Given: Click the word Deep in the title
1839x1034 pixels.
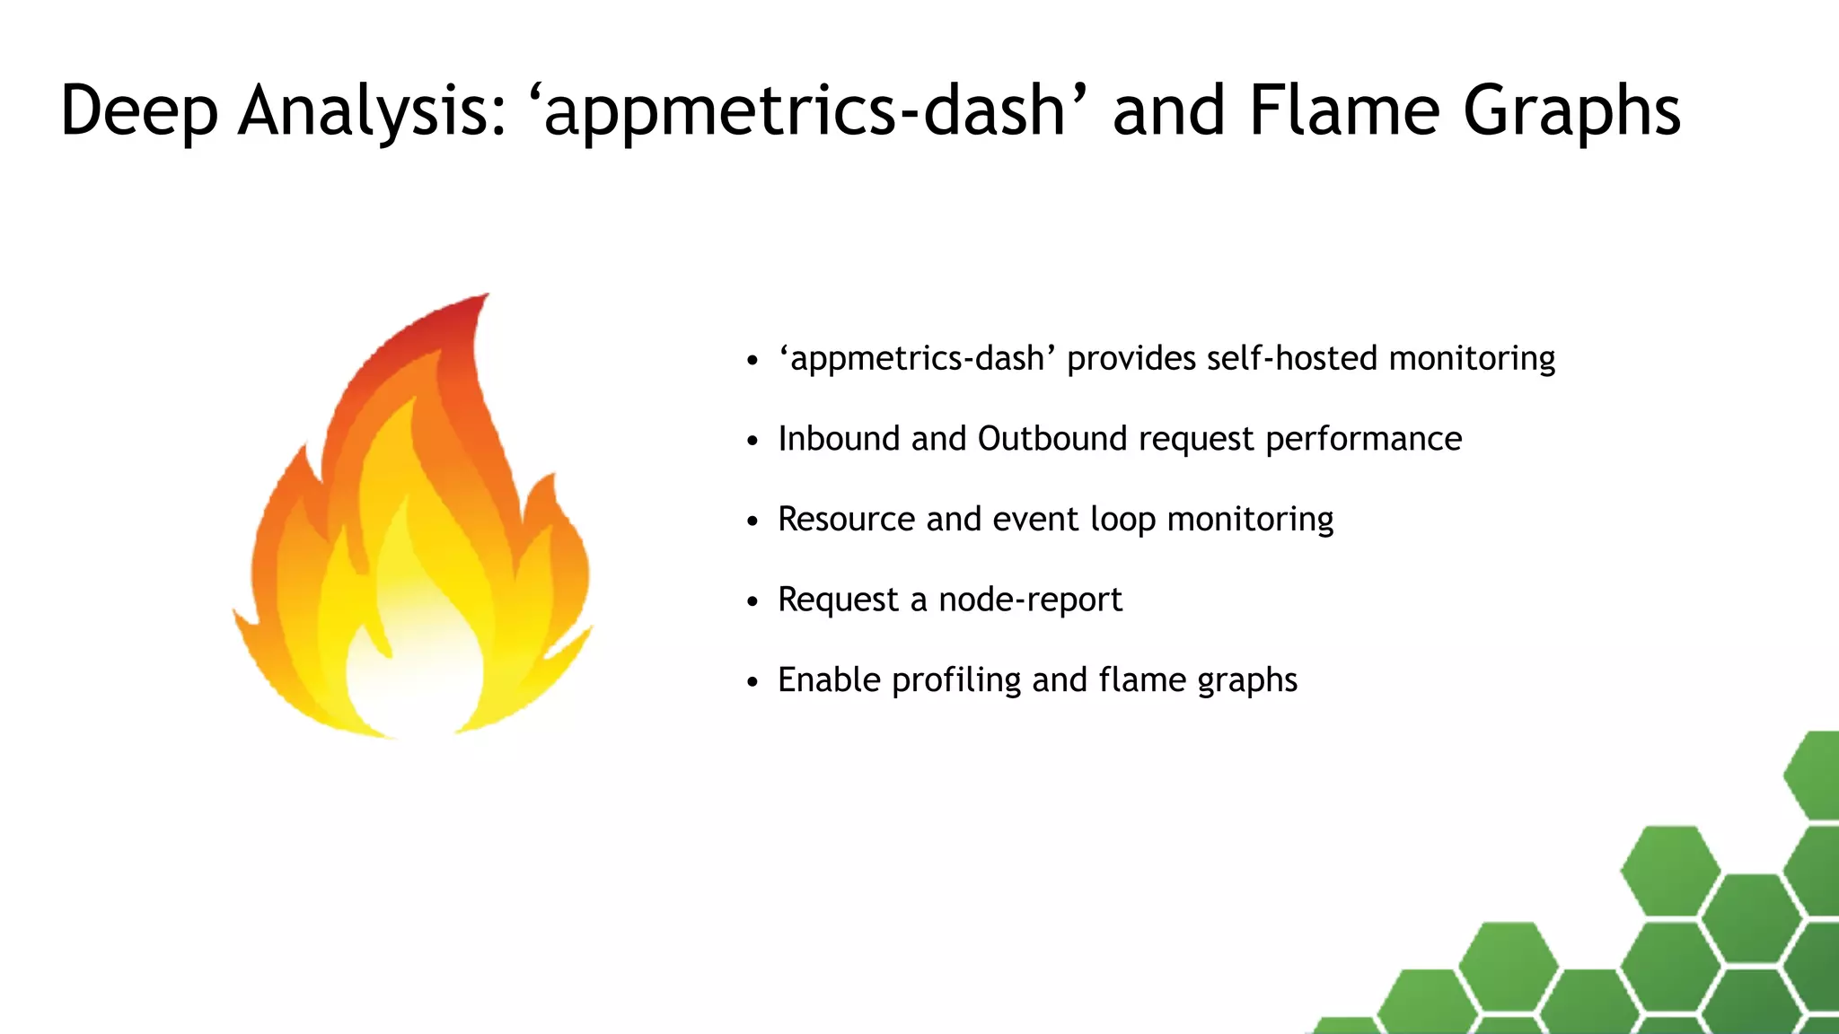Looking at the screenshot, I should coord(139,111).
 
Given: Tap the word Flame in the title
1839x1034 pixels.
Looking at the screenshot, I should coord(1344,111).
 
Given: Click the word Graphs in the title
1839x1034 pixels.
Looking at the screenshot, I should coord(1571,111).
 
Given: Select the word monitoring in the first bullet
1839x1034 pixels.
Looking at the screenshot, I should coord(1472,358).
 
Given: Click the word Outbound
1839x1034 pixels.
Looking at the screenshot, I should coord(1052,439).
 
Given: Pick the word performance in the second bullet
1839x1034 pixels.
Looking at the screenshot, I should coord(1363,439).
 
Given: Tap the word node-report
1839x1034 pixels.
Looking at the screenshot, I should coord(1030,600).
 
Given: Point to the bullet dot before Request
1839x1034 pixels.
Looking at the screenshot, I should coord(752,601).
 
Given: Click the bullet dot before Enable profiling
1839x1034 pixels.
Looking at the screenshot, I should coord(752,682).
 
